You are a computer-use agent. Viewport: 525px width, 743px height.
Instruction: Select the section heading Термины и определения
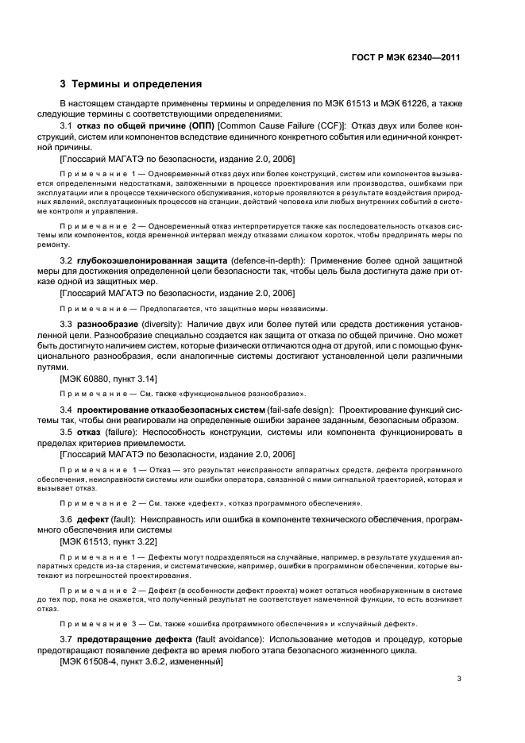tap(137, 83)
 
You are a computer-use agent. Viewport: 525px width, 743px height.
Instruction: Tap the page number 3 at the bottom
tap(459, 678)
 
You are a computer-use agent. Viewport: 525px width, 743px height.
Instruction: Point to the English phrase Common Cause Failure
tap(265, 126)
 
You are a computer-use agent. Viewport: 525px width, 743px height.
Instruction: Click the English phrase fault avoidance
tap(225, 640)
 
